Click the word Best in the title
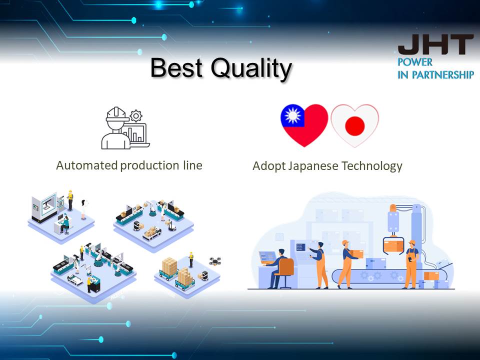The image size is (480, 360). tap(176, 67)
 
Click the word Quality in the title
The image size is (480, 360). tap(251, 69)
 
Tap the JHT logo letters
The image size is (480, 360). tap(435, 44)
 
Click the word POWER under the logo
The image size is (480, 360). tap(415, 62)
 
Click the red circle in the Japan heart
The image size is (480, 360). tap(355, 126)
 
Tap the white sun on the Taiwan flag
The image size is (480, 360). tap(293, 115)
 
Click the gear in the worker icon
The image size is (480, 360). tap(136, 116)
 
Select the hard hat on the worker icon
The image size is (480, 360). tap(116, 113)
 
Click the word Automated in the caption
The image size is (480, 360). tap(87, 165)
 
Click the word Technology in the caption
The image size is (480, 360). tap(372, 166)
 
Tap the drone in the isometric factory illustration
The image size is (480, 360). tap(215, 261)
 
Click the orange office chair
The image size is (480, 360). tap(286, 272)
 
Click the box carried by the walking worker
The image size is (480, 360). tap(356, 254)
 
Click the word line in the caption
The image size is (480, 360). tap(193, 165)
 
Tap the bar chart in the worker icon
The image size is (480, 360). tap(134, 134)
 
